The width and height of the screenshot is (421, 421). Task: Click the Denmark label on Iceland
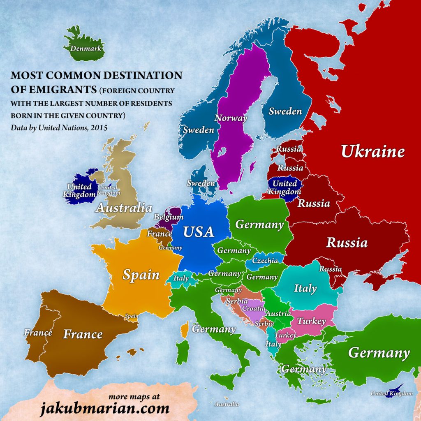(86, 49)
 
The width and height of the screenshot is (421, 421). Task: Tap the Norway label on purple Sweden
(231, 118)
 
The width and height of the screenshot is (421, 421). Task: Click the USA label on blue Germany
(199, 232)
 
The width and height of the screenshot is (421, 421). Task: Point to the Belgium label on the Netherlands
(168, 217)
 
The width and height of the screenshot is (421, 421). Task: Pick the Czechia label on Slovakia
(265, 261)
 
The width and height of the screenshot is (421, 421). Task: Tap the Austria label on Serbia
(278, 313)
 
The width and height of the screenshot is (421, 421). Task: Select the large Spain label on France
(141, 275)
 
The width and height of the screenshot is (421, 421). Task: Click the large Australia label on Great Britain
(124, 208)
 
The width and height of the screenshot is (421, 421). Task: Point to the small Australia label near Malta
(227, 404)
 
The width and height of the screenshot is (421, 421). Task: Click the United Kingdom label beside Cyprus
(391, 393)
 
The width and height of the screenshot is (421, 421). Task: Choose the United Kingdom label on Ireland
(79, 191)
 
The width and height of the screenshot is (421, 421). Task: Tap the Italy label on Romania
(305, 288)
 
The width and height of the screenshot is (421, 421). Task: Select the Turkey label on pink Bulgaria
(311, 321)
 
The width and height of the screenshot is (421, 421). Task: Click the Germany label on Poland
(259, 224)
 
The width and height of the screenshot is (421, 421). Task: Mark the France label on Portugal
(38, 333)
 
